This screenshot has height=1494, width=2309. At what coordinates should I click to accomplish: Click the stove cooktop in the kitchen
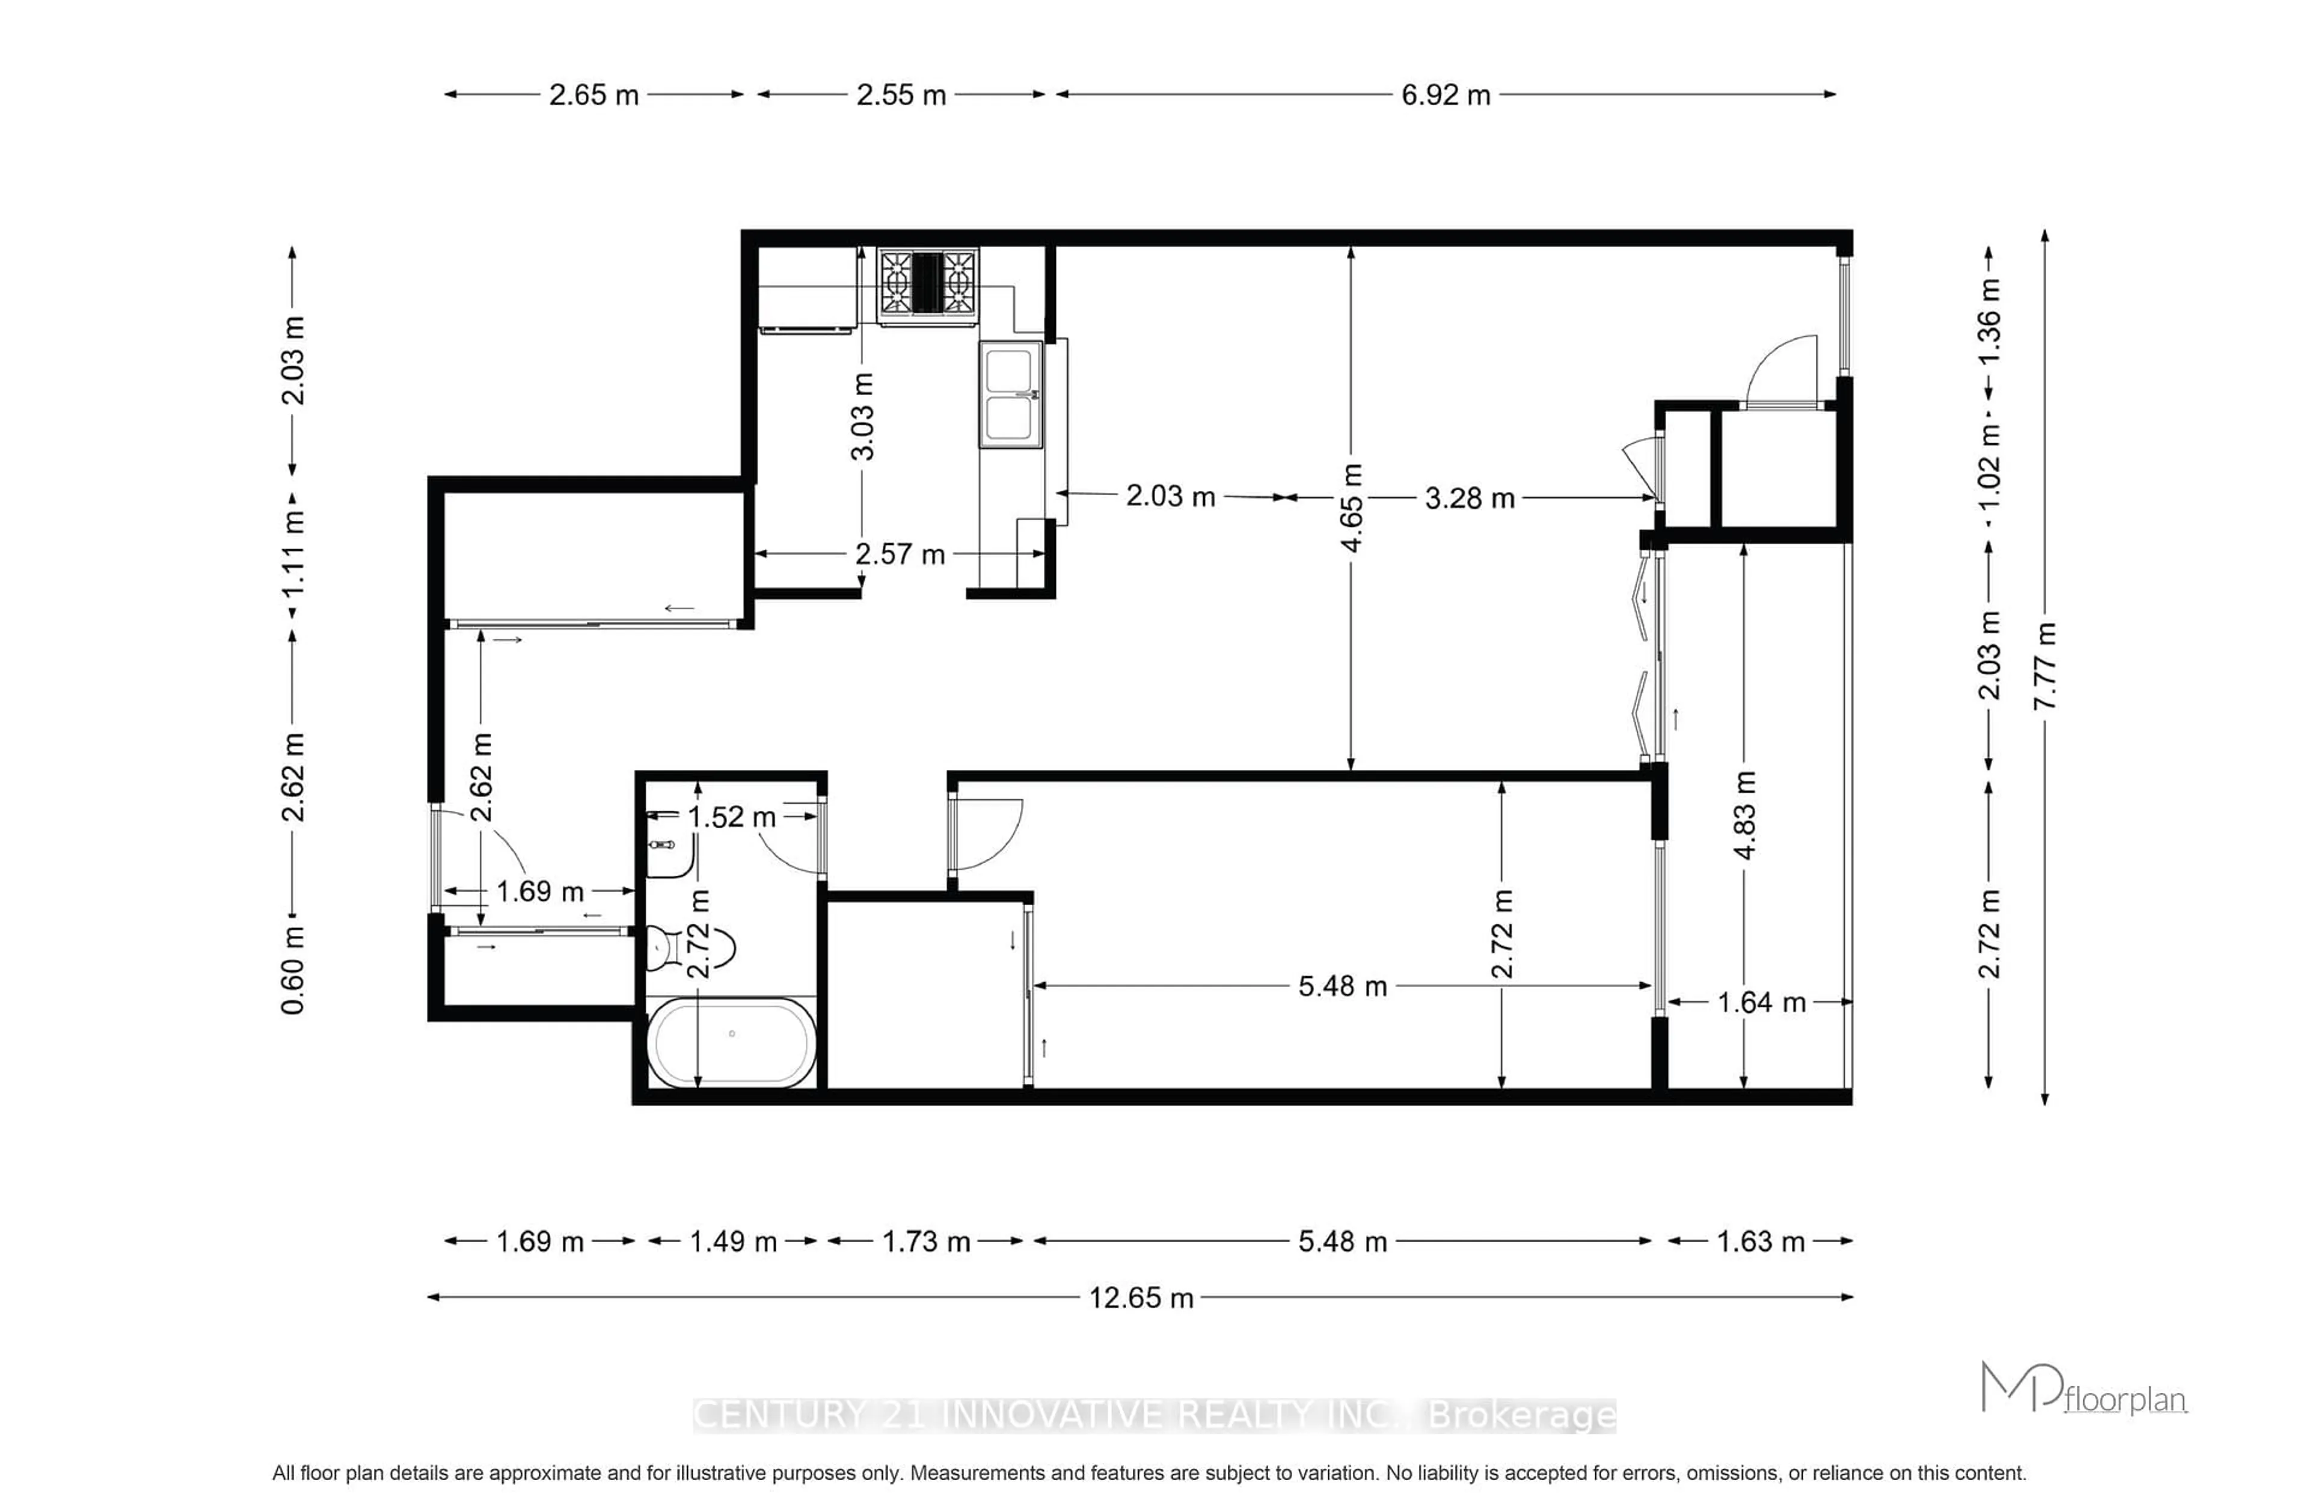[927, 282]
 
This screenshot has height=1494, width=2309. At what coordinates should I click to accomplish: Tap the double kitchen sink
[1010, 394]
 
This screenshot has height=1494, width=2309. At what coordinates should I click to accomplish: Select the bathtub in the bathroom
[731, 1043]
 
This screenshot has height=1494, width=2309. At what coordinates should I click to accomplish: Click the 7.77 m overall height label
[2044, 666]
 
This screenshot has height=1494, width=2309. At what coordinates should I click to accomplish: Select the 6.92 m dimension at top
[1445, 95]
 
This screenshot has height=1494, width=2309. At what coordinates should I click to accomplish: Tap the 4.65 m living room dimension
[1351, 508]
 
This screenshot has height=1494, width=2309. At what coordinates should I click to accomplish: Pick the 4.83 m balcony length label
[1744, 815]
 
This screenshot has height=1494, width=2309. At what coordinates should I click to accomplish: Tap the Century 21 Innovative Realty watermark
[1154, 1415]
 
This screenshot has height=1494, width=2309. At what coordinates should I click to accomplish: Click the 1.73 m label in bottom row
[925, 1242]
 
